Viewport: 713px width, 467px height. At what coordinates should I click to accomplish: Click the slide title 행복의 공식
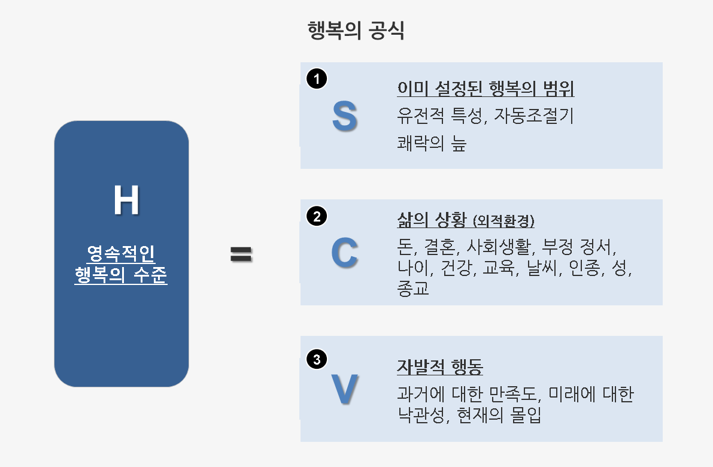pos(356,31)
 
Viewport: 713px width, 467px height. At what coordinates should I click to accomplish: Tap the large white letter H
pos(126,201)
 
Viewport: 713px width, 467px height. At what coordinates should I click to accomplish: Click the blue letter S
pos(344,116)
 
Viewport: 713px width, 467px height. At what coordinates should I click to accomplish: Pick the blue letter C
pos(344,253)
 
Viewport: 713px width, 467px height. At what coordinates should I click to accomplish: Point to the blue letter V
pos(344,389)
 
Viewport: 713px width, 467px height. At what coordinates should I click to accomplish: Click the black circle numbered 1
pos(317,78)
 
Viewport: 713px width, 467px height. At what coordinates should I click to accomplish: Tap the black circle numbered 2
pos(317,216)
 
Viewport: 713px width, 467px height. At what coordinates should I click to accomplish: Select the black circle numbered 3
pos(317,359)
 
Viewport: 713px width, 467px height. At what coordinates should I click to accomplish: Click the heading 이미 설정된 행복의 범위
pos(486,89)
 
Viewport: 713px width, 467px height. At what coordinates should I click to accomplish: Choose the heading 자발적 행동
pos(440,366)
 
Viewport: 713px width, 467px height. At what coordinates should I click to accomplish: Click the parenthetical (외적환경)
pos(503,222)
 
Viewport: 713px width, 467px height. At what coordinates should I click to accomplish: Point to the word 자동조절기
pos(534,116)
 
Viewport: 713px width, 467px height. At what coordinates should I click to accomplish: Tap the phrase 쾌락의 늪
pos(431,144)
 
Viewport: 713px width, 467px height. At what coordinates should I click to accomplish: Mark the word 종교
pos(413,289)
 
